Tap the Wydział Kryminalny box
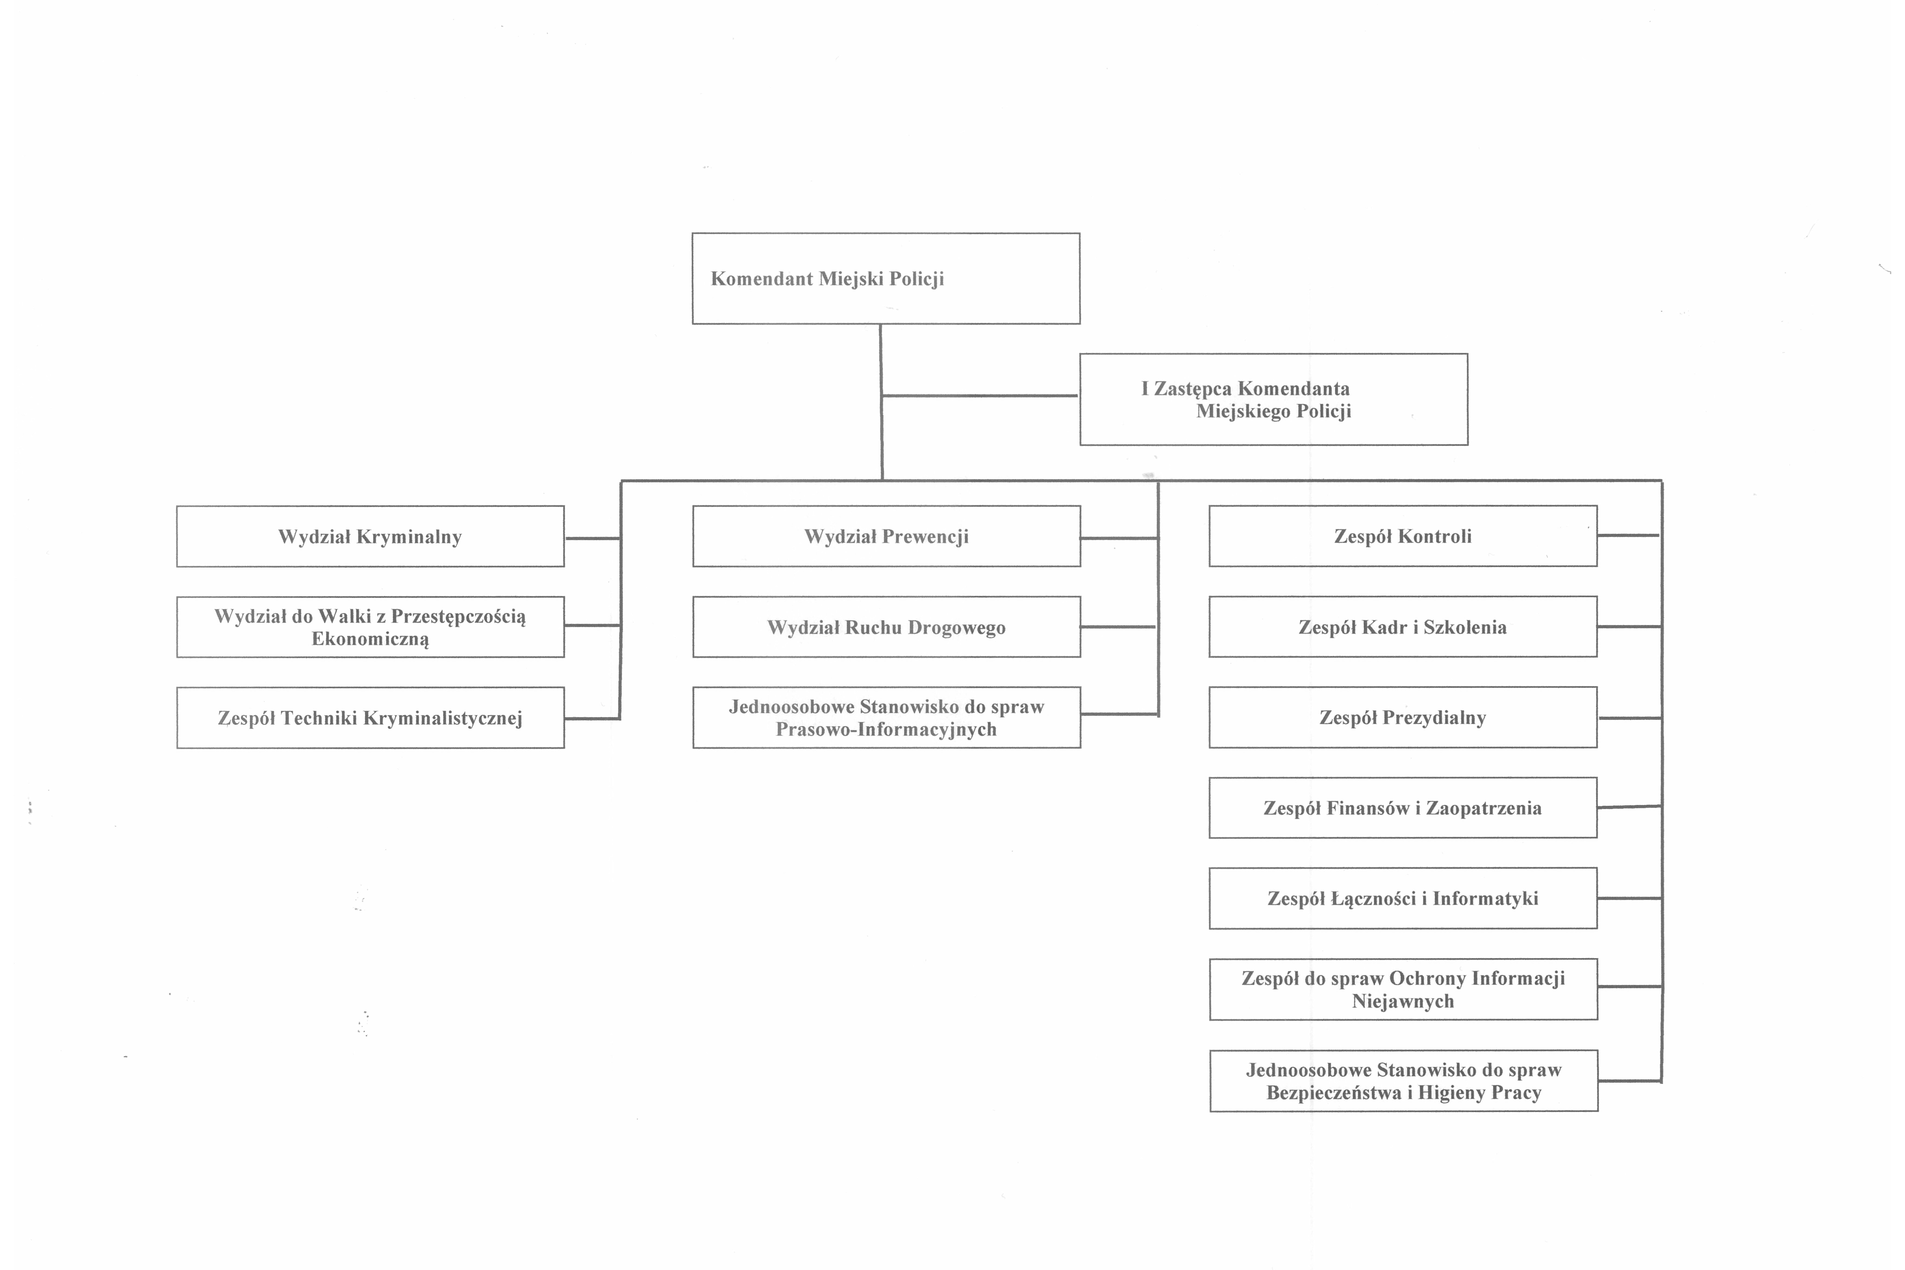click(x=370, y=536)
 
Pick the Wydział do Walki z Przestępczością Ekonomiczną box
click(x=370, y=627)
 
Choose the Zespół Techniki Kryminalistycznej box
click(x=370, y=718)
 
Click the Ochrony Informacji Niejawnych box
click(x=1404, y=989)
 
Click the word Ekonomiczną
click(x=370, y=639)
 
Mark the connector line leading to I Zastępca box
click(x=980, y=396)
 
